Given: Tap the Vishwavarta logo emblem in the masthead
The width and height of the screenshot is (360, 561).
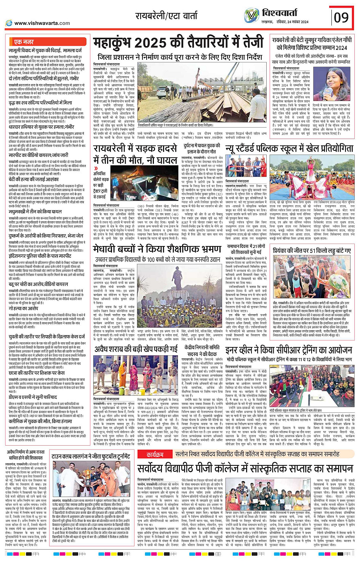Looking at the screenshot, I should (251, 15).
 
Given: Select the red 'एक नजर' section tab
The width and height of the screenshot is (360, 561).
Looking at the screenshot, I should (24, 42).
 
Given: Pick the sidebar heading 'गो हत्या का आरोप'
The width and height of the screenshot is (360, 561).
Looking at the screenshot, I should (23, 308).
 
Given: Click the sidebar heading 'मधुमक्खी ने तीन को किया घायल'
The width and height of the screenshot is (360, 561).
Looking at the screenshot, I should (35, 211).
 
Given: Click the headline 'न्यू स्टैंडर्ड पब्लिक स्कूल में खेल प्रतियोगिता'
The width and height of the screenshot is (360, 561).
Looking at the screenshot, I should (289, 149).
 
